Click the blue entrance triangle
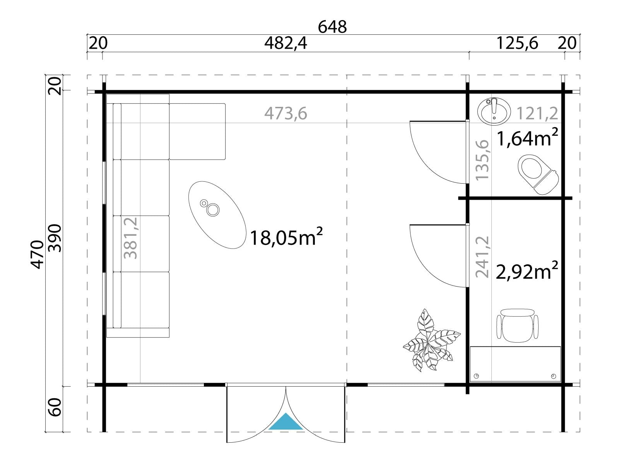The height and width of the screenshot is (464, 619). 286,423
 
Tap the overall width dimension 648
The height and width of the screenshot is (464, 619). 332,27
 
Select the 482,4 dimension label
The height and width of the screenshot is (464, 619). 286,44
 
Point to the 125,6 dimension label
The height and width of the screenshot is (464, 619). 517,44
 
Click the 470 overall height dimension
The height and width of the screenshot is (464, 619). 37,255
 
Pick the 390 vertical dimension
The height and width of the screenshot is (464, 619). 55,238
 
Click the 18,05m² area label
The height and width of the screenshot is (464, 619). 286,237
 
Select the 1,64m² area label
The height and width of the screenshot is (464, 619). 527,138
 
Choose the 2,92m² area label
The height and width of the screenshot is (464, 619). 527,271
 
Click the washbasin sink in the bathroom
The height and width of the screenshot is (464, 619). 494,112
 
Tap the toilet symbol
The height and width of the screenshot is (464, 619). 538,174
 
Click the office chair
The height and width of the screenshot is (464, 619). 517,326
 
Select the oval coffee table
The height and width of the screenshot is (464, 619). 217,215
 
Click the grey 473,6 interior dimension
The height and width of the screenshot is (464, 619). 286,114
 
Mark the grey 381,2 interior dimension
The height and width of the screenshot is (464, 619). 130,238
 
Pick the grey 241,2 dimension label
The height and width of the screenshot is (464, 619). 482,257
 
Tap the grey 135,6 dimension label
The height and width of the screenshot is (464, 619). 482,160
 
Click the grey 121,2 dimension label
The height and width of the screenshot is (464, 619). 537,114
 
